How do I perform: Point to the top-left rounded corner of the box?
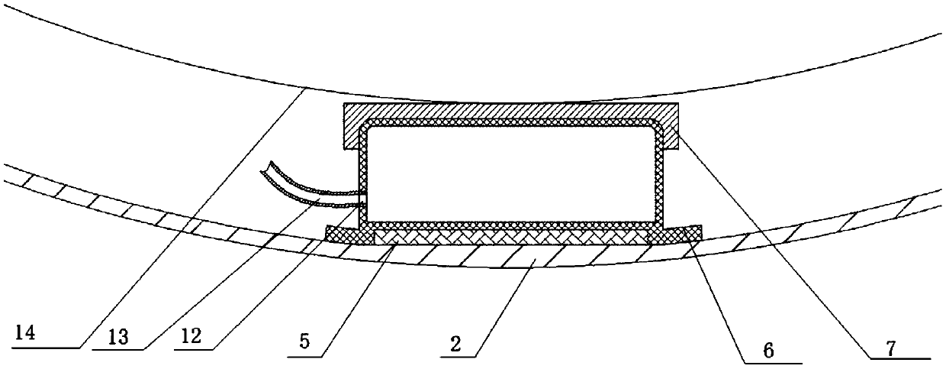point(365,127)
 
